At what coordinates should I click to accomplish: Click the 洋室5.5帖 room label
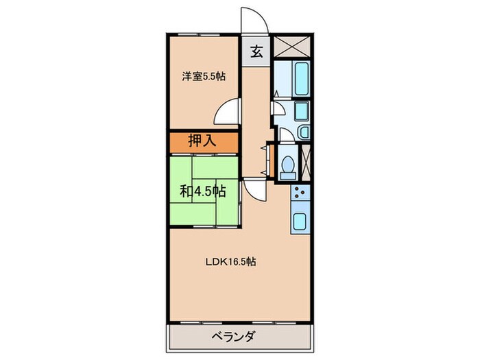click(203, 77)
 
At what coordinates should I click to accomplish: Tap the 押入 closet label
click(203, 142)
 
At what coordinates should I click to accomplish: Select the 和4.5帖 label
click(203, 190)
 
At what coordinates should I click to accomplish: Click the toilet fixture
click(288, 165)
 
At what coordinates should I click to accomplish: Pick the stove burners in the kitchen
click(301, 195)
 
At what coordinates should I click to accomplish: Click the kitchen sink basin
click(301, 221)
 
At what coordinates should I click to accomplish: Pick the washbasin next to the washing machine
click(304, 132)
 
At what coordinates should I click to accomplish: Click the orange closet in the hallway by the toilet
click(270, 161)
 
